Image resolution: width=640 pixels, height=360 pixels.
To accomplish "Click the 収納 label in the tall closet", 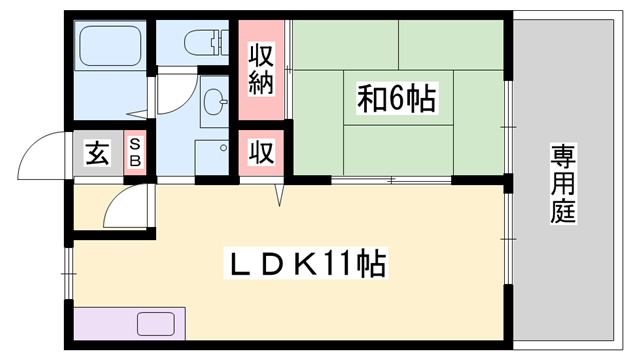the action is (261, 68).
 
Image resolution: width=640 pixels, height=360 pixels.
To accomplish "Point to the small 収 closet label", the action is (261, 153).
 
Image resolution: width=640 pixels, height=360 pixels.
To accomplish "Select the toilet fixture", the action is (205, 42).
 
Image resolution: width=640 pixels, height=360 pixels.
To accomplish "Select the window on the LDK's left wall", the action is (68, 262).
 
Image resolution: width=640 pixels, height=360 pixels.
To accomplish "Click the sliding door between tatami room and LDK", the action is (390, 181).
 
